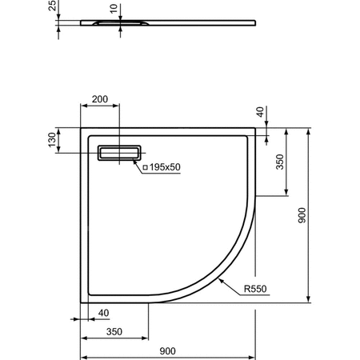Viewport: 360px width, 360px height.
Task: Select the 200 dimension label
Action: coord(100,99)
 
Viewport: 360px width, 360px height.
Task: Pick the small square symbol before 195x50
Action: coord(145,167)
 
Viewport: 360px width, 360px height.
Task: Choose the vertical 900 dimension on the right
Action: coord(302,217)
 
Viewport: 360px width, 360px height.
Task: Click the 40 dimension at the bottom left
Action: coord(103,312)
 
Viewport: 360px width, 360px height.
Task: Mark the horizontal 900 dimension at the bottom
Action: coord(167,350)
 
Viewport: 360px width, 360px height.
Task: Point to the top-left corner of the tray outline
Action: coord(81,126)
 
